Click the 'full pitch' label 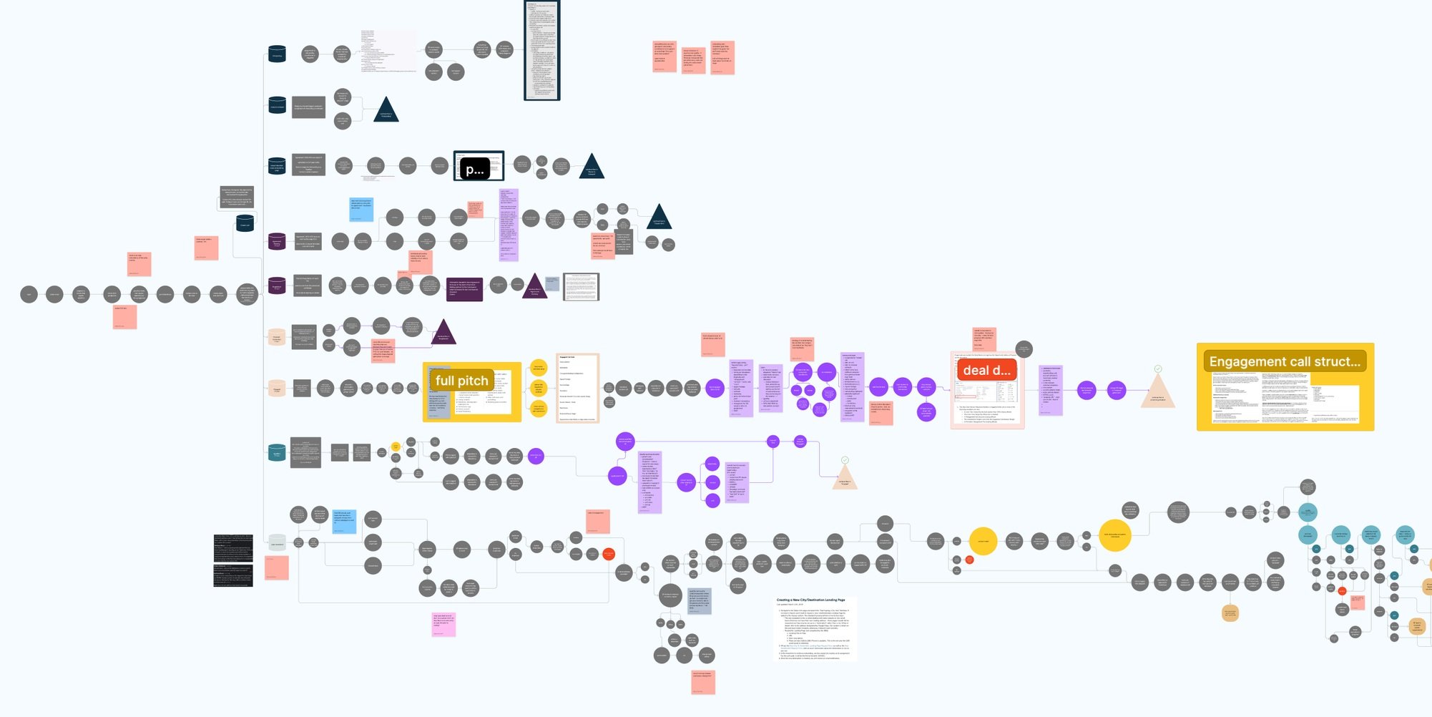(x=461, y=381)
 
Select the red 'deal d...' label (x=986, y=370)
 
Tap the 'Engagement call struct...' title (x=1285, y=361)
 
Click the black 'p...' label (x=474, y=170)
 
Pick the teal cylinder (x=277, y=453)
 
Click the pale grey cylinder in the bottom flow (x=277, y=543)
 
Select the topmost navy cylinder (x=277, y=54)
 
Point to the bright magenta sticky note (x=443, y=624)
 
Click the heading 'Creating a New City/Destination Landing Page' (x=810, y=600)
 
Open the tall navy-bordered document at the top (x=541, y=50)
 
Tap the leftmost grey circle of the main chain (x=29, y=294)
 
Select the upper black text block (x=232, y=548)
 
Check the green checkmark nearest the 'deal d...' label (x=1157, y=369)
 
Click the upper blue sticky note (x=361, y=210)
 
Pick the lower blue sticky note (x=344, y=522)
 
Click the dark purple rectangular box (x=464, y=289)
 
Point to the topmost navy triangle (x=386, y=110)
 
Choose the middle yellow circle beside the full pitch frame (x=539, y=388)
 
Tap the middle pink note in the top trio (x=693, y=60)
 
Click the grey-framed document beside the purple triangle (x=581, y=287)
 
